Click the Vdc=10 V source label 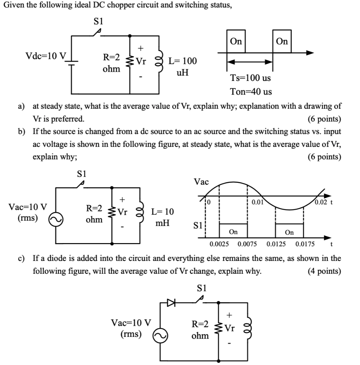tap(46, 56)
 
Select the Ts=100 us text tap(250, 78)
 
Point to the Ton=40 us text tap(251, 92)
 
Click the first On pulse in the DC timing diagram tap(236, 41)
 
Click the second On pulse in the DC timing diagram tap(282, 41)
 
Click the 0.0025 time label tap(219, 244)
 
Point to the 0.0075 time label tap(248, 244)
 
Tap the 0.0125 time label tap(276, 244)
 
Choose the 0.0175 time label tap(305, 244)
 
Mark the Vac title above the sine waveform tap(201, 182)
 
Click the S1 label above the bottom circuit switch tap(202, 288)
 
